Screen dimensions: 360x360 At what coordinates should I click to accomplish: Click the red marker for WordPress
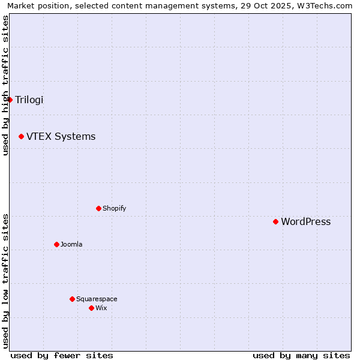coord(276,222)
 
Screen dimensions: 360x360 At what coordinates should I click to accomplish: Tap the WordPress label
coord(305,222)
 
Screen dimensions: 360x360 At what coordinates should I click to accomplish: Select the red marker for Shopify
coord(99,209)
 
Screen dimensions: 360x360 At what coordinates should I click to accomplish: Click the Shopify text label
coord(114,209)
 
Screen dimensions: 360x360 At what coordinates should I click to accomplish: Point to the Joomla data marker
coord(57,244)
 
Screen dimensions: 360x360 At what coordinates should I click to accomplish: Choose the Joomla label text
coord(71,244)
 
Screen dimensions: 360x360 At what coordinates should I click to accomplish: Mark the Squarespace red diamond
coord(73,299)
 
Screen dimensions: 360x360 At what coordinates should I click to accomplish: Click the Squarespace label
coord(97,299)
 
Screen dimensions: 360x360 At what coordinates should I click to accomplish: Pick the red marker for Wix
coord(92,308)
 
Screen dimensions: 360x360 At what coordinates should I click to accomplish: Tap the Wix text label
coord(101,308)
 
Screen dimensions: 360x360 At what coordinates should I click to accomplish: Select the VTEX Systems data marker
coord(22,137)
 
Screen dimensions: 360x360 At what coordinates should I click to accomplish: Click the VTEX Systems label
coord(61,137)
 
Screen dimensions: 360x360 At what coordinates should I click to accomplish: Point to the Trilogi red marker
coord(10,100)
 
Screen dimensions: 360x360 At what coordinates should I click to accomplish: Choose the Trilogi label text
coord(29,100)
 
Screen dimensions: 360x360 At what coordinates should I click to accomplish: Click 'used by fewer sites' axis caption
coord(62,355)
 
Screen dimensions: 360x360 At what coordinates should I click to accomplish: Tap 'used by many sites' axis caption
coord(301,355)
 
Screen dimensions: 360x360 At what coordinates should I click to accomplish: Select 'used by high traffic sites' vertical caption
coord(5,85)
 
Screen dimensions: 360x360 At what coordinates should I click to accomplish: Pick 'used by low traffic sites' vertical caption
coord(5,280)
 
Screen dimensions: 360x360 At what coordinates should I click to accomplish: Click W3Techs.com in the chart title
coord(325,5)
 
